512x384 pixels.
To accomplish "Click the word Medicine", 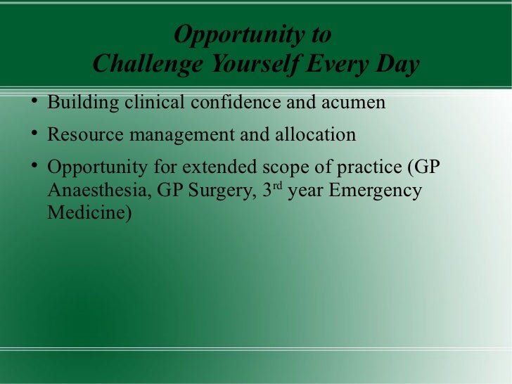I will [89, 212].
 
